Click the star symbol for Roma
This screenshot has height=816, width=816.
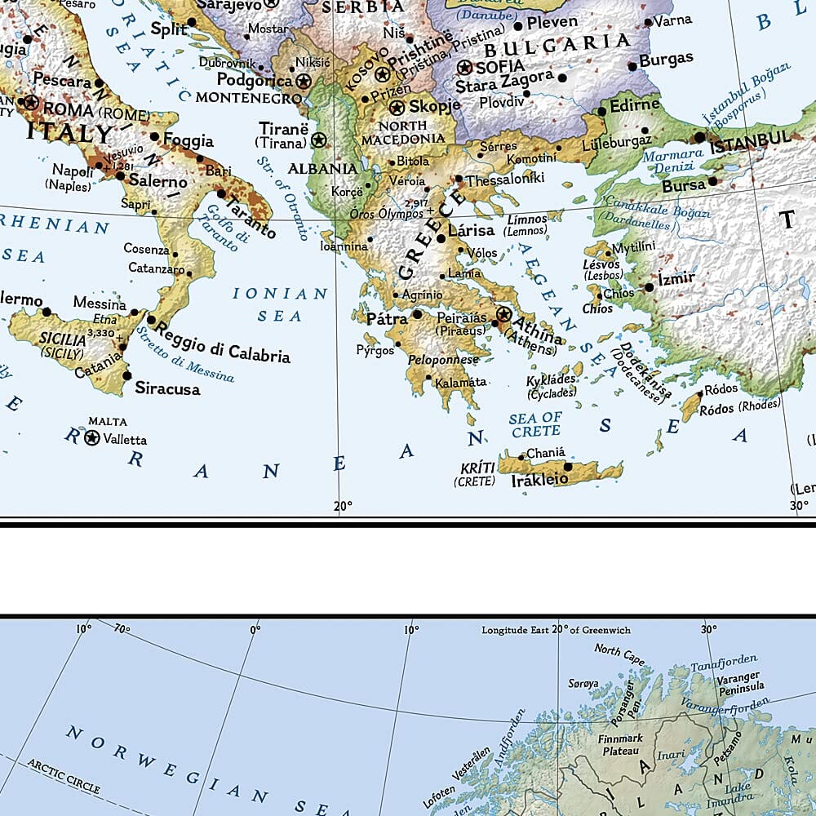coord(31,103)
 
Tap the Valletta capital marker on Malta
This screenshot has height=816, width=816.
coord(92,438)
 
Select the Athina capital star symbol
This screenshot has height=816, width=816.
coord(503,314)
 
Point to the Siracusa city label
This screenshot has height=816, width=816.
coord(167,388)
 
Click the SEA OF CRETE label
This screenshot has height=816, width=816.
coord(535,424)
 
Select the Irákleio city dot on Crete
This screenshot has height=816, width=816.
coord(569,468)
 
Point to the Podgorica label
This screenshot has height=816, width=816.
coord(255,80)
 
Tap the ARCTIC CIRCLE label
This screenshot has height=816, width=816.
coord(64,776)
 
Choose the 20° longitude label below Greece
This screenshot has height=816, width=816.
coord(344,507)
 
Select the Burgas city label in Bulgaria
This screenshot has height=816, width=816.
coord(666,60)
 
